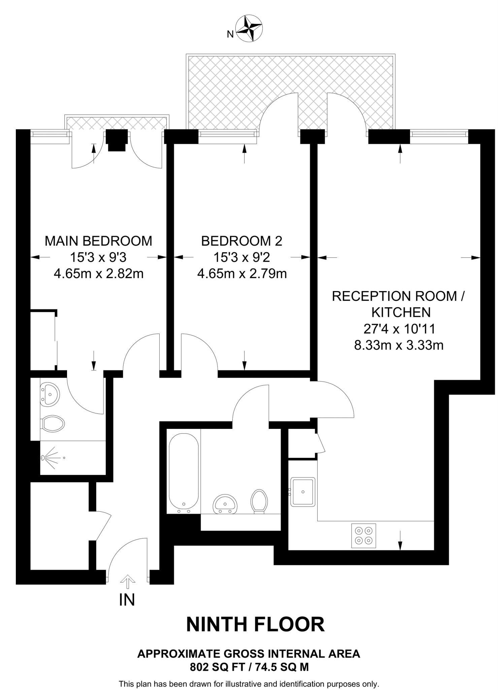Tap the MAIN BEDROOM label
(x=98, y=241)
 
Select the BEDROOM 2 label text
(x=241, y=241)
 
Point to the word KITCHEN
(x=401, y=312)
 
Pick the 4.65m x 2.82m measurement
(x=98, y=274)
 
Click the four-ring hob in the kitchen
(x=363, y=536)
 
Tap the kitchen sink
(x=303, y=492)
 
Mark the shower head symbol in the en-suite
(x=44, y=458)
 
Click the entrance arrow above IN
(x=127, y=579)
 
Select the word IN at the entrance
(x=127, y=599)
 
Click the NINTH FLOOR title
(x=255, y=624)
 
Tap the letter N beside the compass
(x=230, y=34)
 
